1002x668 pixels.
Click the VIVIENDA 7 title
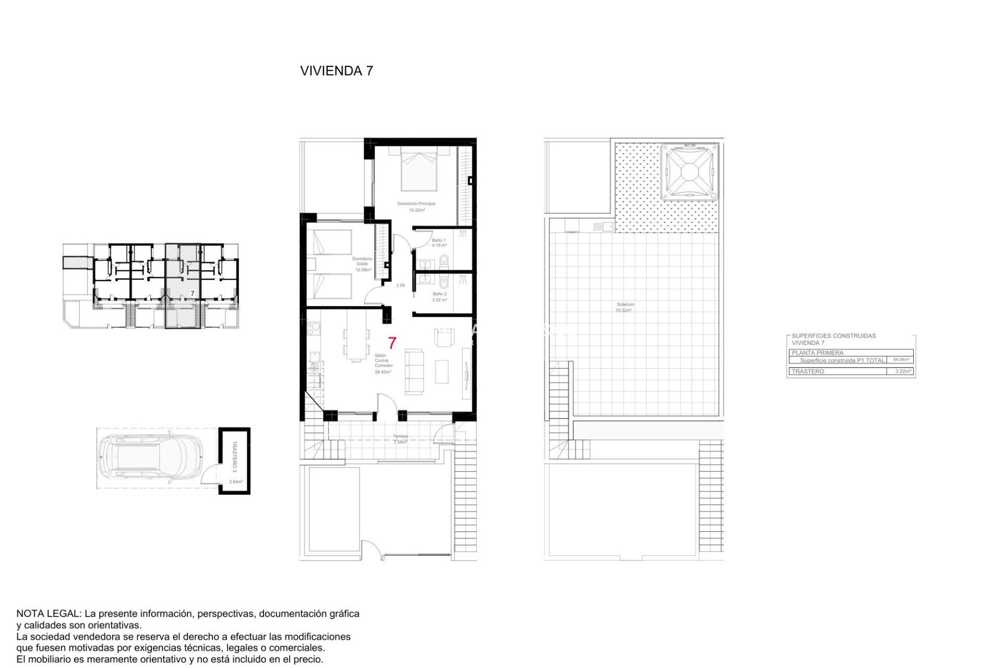[x=337, y=71]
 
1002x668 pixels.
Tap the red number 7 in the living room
[x=392, y=343]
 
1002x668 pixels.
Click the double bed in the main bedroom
[x=419, y=170]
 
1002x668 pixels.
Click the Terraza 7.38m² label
[x=400, y=439]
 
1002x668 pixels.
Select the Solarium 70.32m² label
[x=624, y=307]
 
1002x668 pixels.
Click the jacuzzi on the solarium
[x=689, y=172]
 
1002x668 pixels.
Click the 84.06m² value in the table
[x=901, y=360]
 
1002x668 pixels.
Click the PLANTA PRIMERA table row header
[x=817, y=353]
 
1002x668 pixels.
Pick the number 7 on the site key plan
[x=192, y=294]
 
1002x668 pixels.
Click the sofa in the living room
[x=415, y=372]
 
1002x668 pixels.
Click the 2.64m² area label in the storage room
[x=236, y=482]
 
